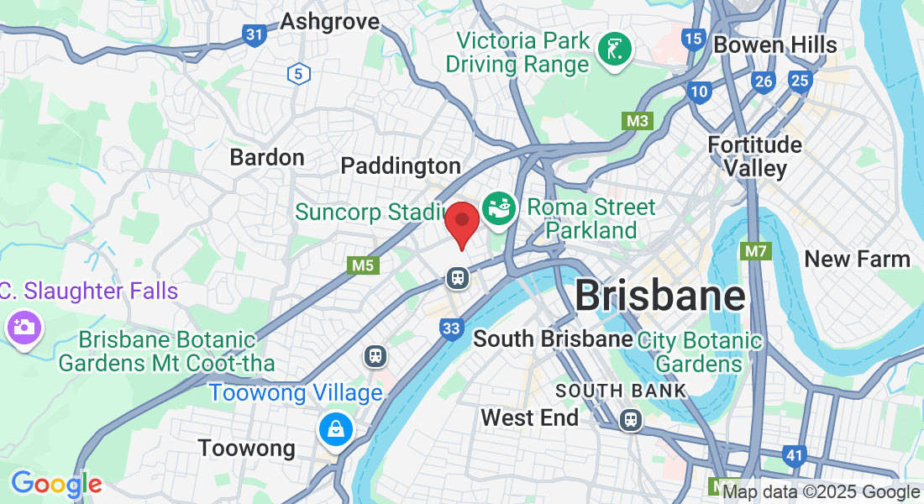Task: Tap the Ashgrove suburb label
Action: [330, 21]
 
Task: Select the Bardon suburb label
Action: [267, 157]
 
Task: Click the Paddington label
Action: [401, 165]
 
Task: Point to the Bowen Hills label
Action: [775, 45]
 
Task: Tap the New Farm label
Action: [857, 259]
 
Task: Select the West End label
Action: [529, 417]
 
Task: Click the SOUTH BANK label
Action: [621, 391]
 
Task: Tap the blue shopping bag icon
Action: [336, 428]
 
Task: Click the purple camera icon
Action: [23, 326]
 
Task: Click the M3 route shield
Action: [638, 121]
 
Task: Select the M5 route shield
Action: [362, 265]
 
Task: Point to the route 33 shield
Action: [451, 328]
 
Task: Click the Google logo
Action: [56, 484]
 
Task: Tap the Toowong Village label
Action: [296, 392]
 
